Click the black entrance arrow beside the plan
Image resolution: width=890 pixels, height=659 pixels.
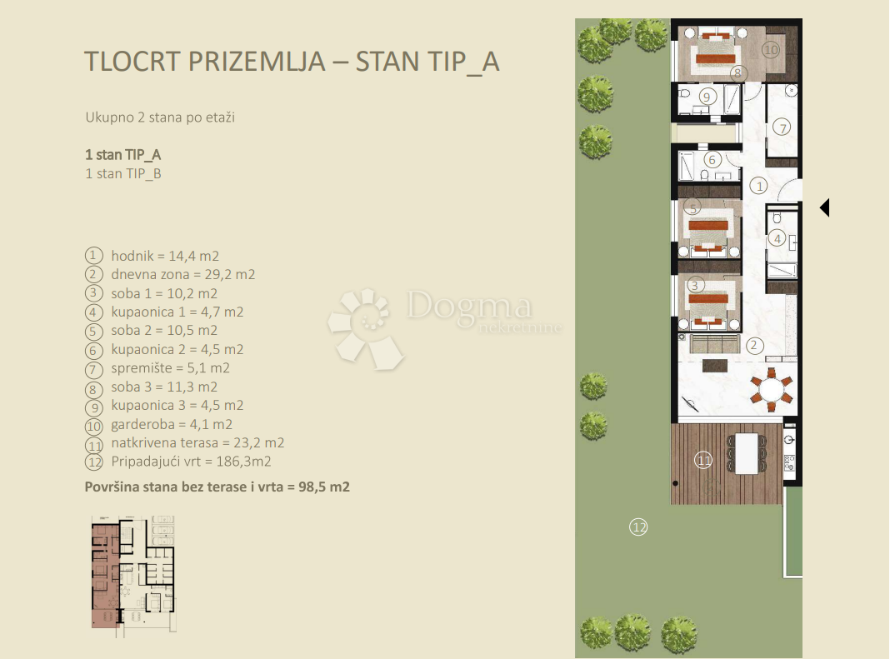[824, 207]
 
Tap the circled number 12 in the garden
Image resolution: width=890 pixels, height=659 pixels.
[638, 527]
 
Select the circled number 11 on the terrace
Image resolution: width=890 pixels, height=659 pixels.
[703, 459]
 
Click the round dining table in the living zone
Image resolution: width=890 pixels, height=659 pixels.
[771, 390]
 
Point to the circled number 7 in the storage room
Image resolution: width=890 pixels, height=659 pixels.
[781, 127]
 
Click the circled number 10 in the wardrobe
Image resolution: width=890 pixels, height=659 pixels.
[771, 50]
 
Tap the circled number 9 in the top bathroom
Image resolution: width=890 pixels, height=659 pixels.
[707, 97]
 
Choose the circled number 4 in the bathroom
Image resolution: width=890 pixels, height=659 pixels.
[777, 238]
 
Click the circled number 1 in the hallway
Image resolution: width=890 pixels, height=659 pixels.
[758, 185]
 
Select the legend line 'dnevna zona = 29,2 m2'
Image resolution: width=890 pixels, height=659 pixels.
[182, 274]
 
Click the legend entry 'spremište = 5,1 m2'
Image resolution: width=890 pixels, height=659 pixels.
[170, 367]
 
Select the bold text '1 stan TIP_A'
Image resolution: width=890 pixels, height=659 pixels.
[122, 155]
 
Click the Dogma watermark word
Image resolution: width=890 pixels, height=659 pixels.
[468, 307]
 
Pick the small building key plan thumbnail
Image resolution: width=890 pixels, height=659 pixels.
[133, 572]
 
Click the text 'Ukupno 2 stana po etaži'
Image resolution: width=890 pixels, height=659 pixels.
[160, 117]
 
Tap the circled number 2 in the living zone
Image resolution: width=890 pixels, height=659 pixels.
[754, 345]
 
